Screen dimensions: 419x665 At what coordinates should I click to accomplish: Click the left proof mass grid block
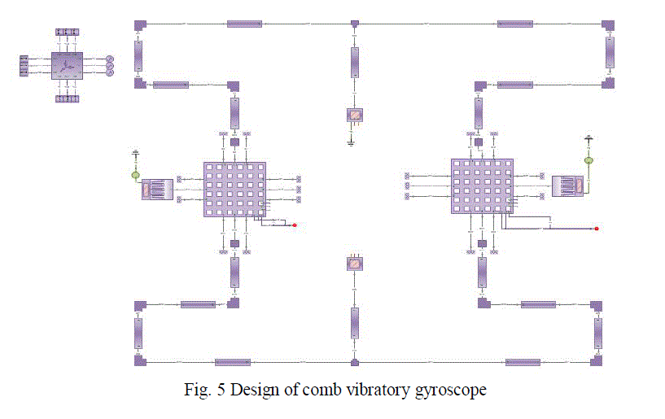[x=234, y=189]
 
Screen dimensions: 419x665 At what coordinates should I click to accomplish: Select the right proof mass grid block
[x=482, y=185]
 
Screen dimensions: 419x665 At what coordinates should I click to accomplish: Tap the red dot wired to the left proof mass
[x=294, y=225]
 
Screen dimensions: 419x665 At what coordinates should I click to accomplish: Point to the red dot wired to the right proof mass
[x=597, y=229]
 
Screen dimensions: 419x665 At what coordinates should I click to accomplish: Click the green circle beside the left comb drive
[x=136, y=175]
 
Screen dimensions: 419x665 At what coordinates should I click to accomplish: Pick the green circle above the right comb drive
[x=589, y=160]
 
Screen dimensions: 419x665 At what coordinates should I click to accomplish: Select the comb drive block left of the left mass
[x=157, y=189]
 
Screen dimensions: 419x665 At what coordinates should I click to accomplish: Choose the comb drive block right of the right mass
[x=567, y=185]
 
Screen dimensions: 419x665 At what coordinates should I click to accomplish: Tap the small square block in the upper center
[x=354, y=116]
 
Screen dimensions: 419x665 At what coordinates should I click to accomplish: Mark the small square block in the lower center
[x=354, y=263]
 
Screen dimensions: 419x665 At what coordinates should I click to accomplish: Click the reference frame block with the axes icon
[x=67, y=65]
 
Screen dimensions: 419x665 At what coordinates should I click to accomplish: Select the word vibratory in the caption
[x=378, y=391]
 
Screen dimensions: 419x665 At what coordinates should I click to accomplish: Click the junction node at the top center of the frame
[x=354, y=24]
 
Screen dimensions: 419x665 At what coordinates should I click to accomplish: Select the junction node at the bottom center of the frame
[x=354, y=362]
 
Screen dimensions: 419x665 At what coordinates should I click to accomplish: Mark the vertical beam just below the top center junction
[x=354, y=62]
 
